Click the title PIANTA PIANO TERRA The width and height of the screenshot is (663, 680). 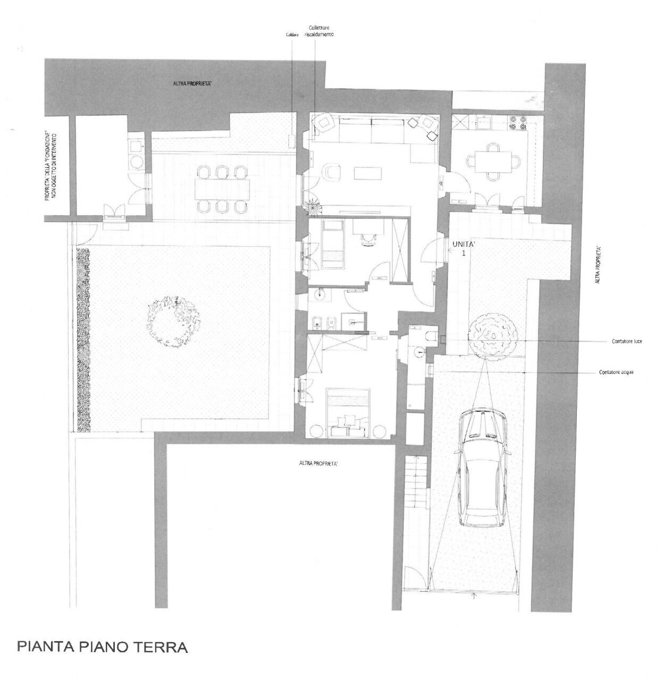coord(103,648)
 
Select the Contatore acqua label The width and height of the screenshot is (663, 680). coord(616,372)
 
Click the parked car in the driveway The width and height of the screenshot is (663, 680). coord(484,467)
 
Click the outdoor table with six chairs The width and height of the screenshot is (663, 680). coord(223,189)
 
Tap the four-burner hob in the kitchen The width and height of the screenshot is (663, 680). coord(518,123)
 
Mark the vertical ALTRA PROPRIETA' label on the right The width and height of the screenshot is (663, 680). coord(599,264)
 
